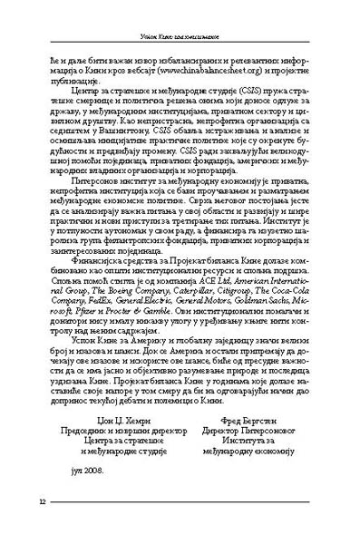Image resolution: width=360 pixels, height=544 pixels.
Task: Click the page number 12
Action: click(42, 503)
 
